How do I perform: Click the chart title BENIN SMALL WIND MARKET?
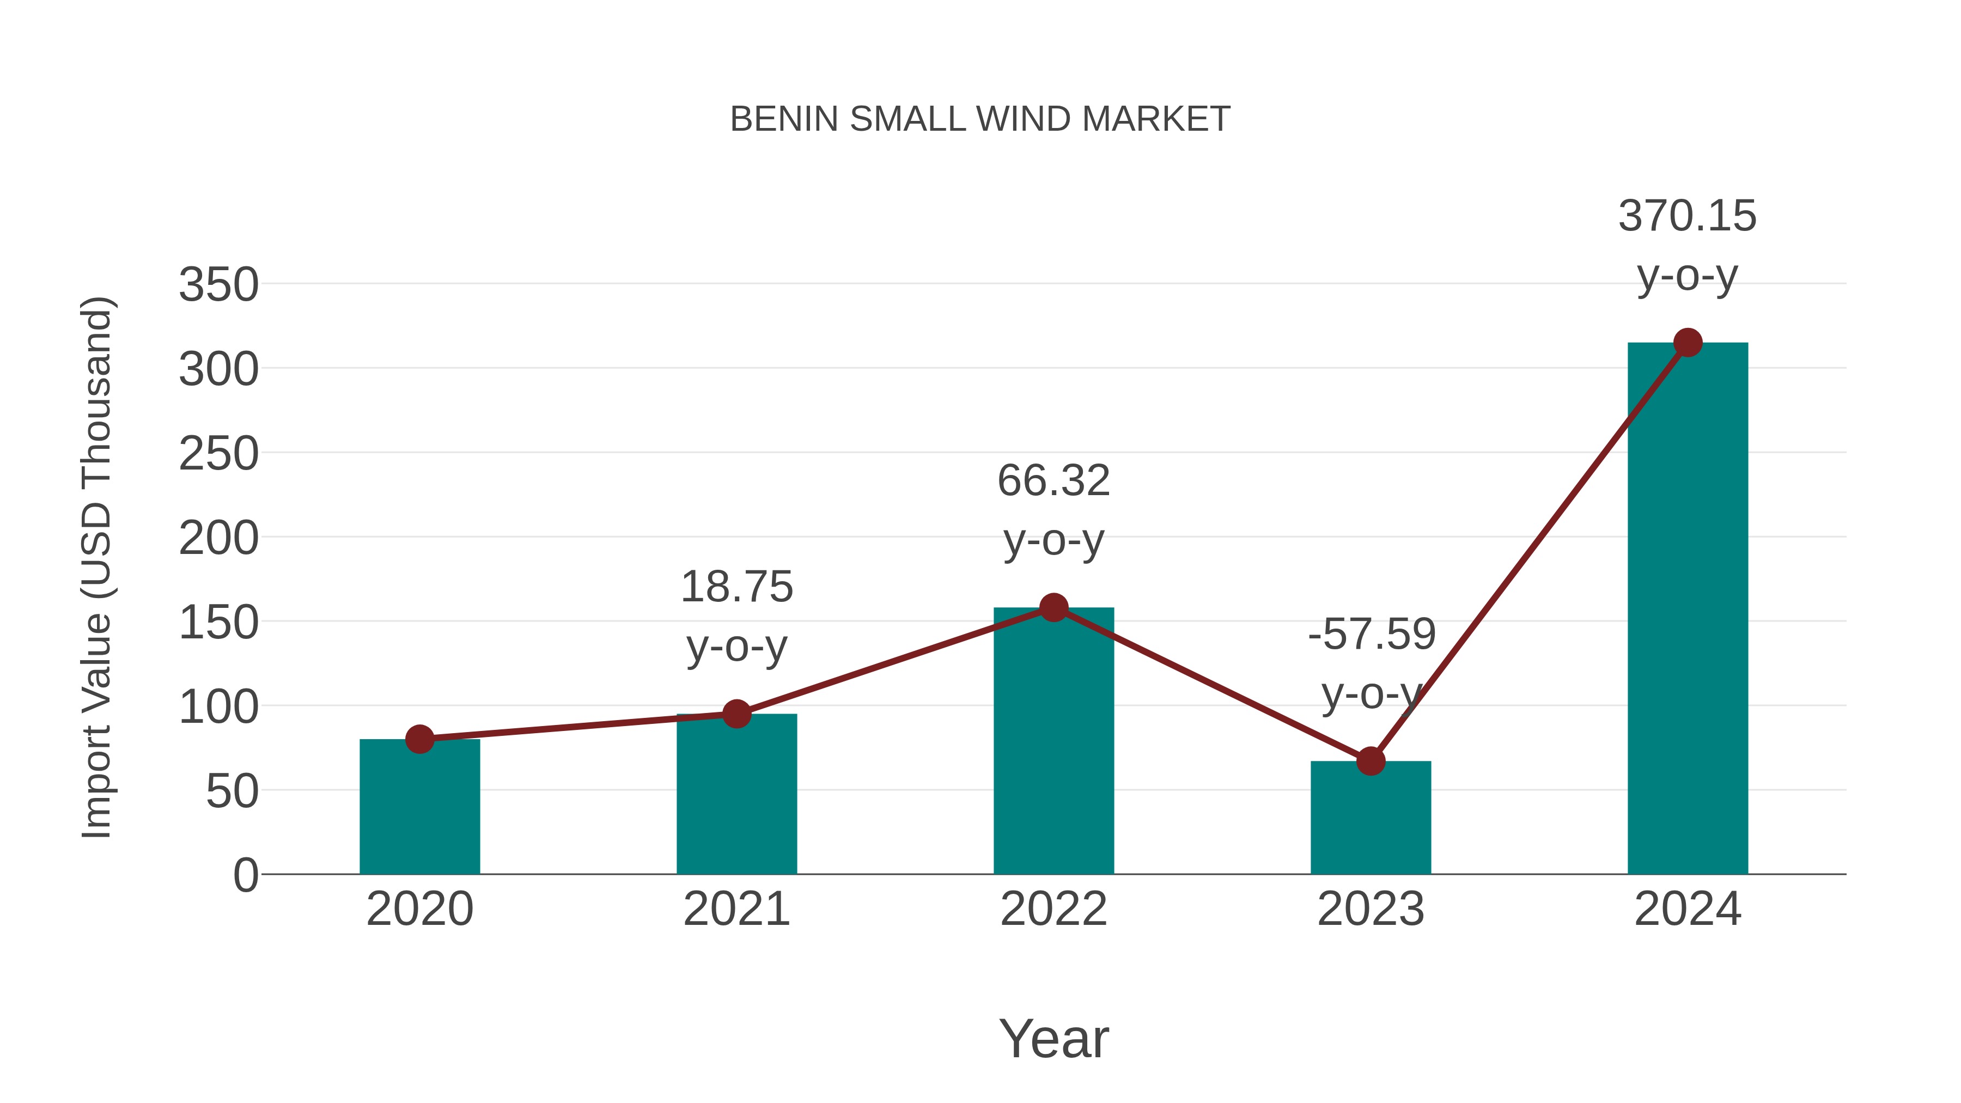coord(980,119)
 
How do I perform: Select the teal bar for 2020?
coord(419,807)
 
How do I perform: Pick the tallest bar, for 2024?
coord(1688,609)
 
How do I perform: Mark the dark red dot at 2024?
coord(1688,343)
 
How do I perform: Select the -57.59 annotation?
coord(1372,634)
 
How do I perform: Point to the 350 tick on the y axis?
coord(218,285)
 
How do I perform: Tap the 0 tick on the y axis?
coord(246,875)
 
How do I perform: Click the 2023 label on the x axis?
coord(1371,909)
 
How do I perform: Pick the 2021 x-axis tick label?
coord(736,909)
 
